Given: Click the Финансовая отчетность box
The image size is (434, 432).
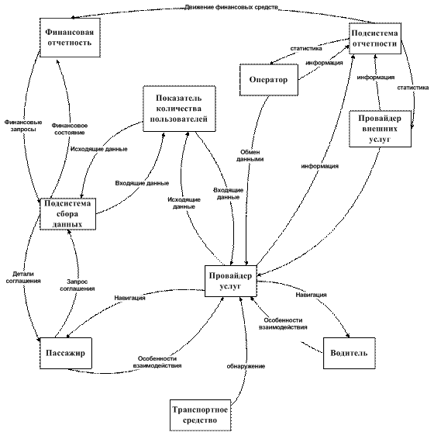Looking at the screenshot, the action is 70,38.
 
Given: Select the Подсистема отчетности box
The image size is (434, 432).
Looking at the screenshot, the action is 375,39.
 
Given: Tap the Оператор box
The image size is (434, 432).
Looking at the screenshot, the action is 269,80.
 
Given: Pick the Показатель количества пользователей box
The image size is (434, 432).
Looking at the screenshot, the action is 179,109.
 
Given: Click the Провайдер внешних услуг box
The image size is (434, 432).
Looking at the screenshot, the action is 380,129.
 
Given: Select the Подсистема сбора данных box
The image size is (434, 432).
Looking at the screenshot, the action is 68,214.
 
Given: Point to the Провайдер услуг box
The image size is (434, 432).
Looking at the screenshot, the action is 231,281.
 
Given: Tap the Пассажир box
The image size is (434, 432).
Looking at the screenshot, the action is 66,353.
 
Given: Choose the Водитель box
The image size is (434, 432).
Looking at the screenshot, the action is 350,353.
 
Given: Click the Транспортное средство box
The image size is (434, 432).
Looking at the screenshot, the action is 201,415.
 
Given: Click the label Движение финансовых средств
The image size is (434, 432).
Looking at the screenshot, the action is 231,7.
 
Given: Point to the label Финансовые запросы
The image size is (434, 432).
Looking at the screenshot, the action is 23,126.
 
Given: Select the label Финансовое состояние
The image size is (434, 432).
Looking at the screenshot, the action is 70,129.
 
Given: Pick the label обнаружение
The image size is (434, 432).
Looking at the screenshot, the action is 246,366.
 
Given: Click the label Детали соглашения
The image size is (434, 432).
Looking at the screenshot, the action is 23,277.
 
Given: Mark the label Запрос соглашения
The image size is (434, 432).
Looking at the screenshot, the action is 77,285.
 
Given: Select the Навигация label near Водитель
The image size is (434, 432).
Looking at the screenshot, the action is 311,295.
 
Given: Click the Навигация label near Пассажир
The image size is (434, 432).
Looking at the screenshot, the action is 130,298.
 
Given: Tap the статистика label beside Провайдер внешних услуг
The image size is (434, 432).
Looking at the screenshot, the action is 413,88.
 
